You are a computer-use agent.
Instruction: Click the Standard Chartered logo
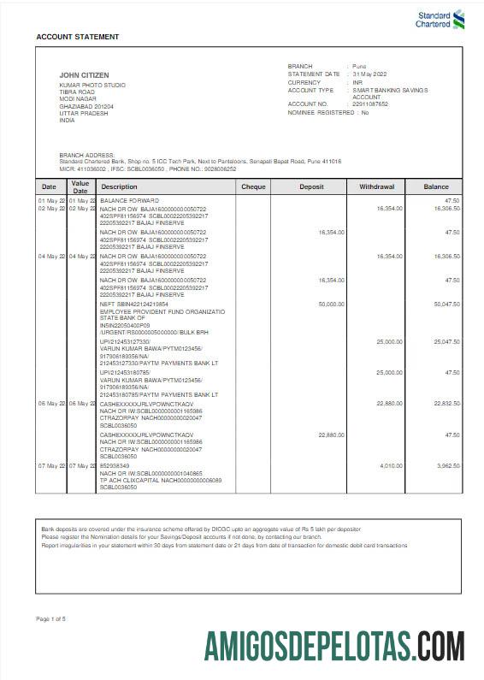pos(440,19)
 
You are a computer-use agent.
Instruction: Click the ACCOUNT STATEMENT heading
pos(78,37)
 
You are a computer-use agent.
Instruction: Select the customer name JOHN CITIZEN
pos(84,75)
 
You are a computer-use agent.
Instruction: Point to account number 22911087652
pos(370,103)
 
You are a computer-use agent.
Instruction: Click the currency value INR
pos(358,82)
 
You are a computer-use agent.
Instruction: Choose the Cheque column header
pos(253,186)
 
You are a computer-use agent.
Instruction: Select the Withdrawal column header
pos(376,186)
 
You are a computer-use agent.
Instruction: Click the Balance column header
pos(436,186)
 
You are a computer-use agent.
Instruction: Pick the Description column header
pos(119,186)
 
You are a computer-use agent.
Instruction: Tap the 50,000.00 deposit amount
pos(331,304)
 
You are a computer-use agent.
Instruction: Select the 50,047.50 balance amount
pos(446,304)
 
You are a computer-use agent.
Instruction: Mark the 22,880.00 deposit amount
pos(331,435)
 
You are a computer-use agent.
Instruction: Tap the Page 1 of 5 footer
pos(51,618)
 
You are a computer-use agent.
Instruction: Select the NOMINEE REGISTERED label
pos(321,112)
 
